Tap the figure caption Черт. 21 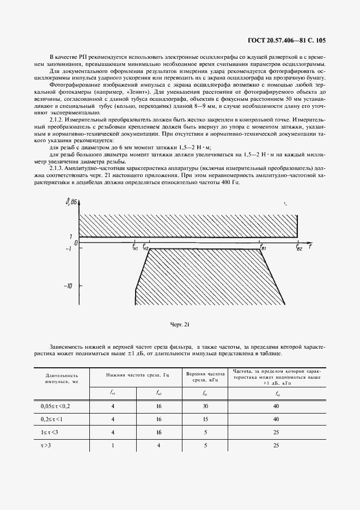(x=179, y=325)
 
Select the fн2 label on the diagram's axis (x=147, y=247)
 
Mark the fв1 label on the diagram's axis (x=263, y=248)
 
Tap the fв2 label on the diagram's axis (x=298, y=248)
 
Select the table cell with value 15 (x=205, y=419)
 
